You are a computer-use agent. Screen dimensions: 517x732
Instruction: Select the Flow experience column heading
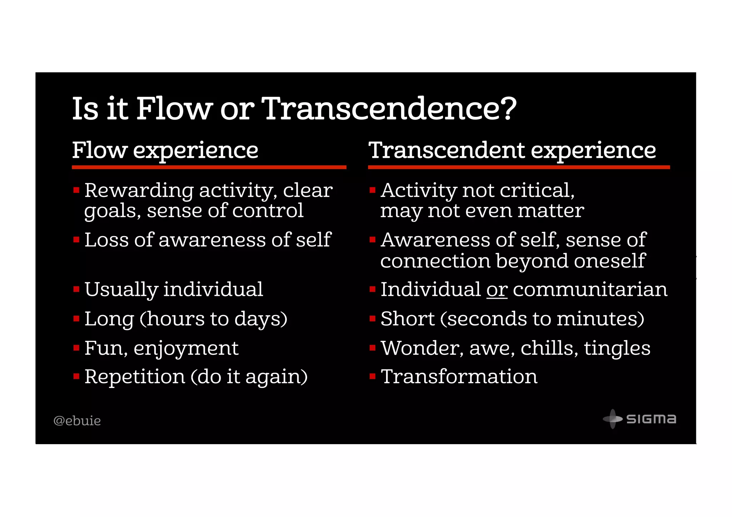(x=165, y=150)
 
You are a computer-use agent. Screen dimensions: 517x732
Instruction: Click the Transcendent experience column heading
(x=512, y=150)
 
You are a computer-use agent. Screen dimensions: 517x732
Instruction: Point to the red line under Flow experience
(x=209, y=167)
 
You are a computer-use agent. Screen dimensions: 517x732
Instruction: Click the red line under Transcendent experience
(x=519, y=167)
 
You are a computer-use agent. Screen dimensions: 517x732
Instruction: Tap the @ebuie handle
(x=77, y=421)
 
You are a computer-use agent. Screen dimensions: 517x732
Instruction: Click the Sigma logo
(x=640, y=419)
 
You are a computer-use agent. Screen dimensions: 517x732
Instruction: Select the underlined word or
(x=497, y=289)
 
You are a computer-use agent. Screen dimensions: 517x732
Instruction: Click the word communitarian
(x=590, y=289)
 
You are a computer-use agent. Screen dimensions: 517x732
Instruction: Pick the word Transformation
(x=459, y=377)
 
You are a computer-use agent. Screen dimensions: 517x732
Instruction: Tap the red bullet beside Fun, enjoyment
(x=76, y=348)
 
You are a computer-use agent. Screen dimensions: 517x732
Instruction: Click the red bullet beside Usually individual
(x=76, y=289)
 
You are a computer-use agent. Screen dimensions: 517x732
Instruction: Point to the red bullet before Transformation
(x=372, y=376)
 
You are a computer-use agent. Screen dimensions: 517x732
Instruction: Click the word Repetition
(x=135, y=377)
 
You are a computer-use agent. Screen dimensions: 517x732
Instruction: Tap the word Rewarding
(x=139, y=190)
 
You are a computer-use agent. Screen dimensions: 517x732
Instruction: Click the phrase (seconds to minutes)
(x=542, y=319)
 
